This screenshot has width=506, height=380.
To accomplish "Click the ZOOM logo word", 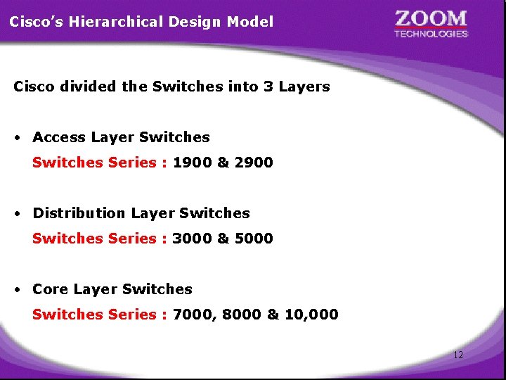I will point(431,18).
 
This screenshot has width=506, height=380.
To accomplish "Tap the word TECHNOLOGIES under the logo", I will point(431,34).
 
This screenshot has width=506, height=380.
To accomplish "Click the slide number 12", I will point(458,355).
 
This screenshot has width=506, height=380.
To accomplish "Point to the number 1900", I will point(193,163).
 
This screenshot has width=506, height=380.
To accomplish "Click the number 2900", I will point(254,163).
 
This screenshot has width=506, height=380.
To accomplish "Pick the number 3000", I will point(192,239).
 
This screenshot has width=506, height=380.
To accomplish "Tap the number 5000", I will point(254,239).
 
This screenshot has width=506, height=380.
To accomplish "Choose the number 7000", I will point(192,315).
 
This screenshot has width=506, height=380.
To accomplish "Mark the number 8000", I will point(242,315).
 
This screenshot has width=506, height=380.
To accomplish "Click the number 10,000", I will point(311,315).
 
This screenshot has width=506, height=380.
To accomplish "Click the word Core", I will point(50,289).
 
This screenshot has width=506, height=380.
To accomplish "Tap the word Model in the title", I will point(250,22).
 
